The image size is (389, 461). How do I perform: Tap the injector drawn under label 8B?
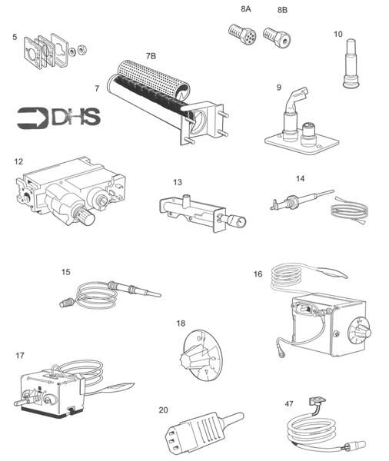click(x=274, y=35)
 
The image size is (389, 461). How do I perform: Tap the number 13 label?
click(x=178, y=183)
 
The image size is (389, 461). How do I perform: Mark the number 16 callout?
click(x=258, y=274)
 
